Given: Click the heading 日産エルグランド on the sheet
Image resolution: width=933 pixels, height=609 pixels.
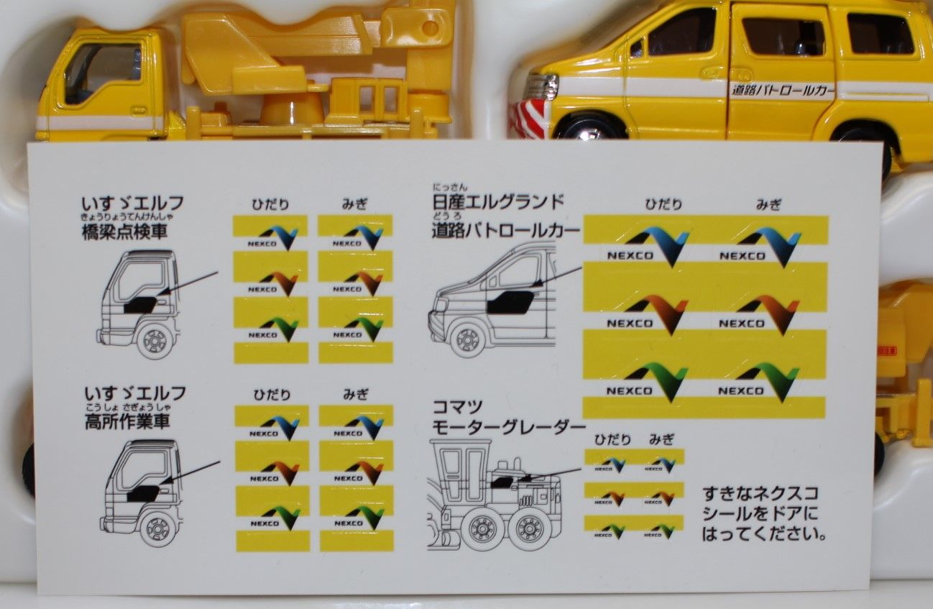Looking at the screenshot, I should click(497, 203).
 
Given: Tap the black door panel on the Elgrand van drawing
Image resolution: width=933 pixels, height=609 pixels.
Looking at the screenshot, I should click(510, 303).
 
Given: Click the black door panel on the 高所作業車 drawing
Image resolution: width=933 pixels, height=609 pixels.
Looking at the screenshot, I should click(144, 493).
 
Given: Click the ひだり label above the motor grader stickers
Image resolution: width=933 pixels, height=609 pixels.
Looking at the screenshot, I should click(612, 439).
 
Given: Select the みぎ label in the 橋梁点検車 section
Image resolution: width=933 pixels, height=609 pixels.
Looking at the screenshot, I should click(354, 204).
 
